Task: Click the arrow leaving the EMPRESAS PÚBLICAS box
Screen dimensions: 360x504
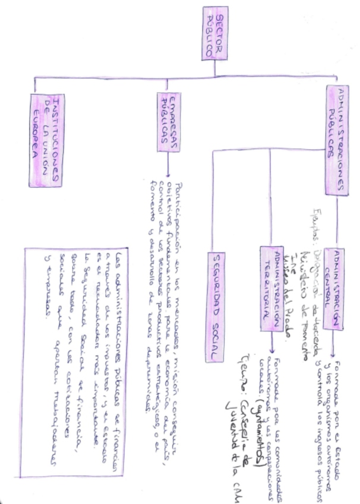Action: tap(168, 166)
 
